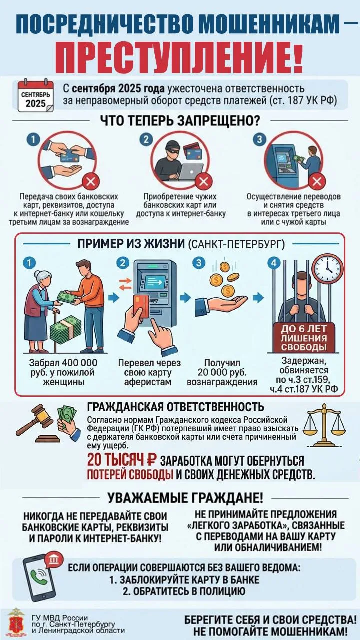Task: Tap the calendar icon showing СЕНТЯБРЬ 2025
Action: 36,96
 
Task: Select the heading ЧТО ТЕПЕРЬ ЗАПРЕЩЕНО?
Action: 180,121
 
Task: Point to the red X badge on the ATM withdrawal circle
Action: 317,181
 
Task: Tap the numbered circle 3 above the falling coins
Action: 199,263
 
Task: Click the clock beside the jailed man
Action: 327,268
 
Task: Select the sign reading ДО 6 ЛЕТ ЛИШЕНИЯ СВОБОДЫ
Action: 303,338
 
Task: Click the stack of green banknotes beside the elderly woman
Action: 65,330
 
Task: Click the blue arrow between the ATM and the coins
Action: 185,298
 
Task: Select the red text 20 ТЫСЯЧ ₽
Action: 122,460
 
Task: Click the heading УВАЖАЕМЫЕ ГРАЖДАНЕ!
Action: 185,498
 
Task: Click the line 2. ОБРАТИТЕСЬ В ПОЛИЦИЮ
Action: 184,591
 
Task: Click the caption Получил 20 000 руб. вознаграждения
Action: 222,372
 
